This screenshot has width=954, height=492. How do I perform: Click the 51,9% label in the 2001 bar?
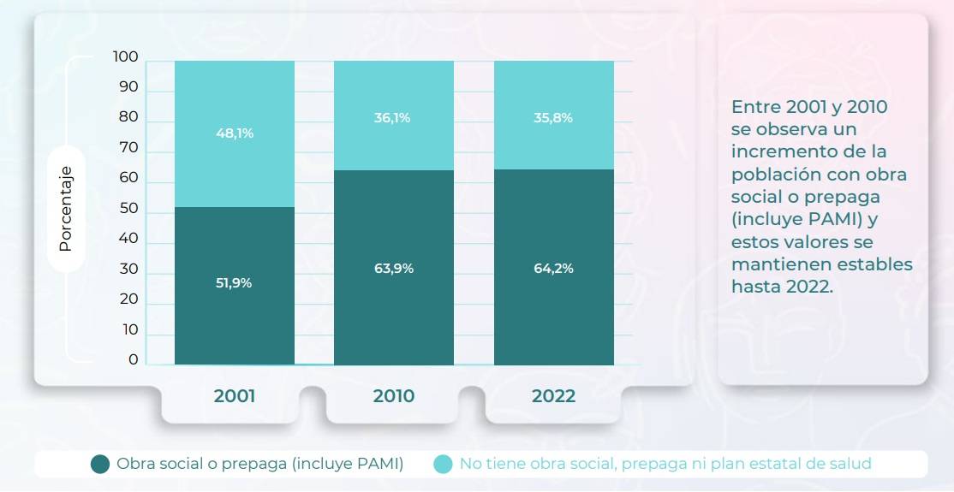[x=234, y=282]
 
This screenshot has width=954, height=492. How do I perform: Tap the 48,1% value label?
[x=234, y=133]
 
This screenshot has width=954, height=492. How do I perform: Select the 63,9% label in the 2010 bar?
[x=394, y=268]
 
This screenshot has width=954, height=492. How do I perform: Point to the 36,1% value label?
[x=392, y=118]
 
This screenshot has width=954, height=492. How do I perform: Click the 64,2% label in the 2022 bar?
[x=553, y=268]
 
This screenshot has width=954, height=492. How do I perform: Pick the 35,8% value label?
[x=553, y=118]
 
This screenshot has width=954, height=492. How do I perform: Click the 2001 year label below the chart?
[x=235, y=396]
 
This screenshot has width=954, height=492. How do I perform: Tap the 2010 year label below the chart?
[x=394, y=396]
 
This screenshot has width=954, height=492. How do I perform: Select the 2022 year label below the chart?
[x=553, y=396]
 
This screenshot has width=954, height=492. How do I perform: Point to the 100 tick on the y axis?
[x=125, y=56]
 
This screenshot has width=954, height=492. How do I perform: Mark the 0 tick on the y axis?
[x=133, y=359]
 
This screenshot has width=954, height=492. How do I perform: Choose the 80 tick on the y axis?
[x=128, y=117]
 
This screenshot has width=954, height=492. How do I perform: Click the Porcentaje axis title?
[x=66, y=209]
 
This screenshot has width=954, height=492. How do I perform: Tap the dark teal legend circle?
[x=100, y=464]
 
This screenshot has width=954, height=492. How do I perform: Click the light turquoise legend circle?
[x=443, y=464]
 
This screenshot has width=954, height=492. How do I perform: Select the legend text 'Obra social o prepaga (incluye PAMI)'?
[x=260, y=464]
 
